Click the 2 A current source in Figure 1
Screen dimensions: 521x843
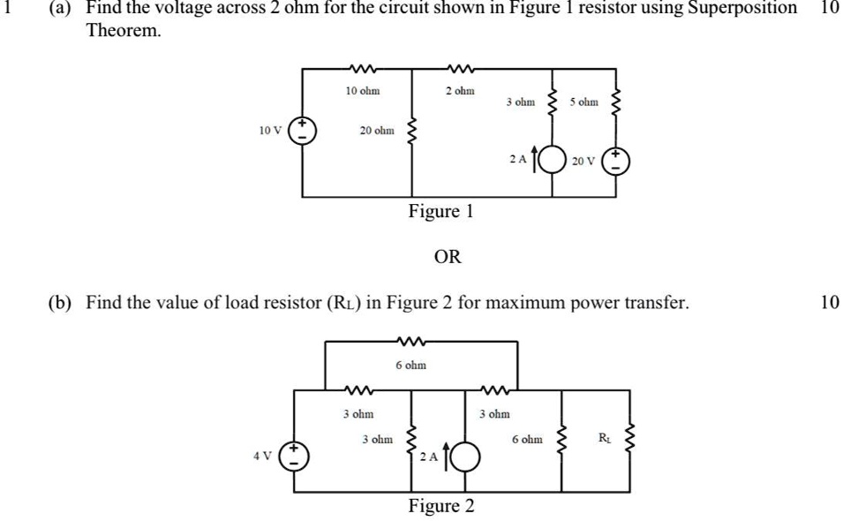553,161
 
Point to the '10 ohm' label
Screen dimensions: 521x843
363,91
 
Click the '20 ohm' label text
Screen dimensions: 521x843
377,131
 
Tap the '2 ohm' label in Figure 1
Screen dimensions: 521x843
460,91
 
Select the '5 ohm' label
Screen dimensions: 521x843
583,102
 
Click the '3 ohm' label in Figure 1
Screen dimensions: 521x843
520,102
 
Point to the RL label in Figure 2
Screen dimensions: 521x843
604,436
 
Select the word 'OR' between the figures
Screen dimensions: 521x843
448,257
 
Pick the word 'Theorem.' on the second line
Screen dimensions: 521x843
124,30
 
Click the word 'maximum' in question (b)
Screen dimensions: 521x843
502,303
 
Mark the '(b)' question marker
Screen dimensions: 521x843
61,303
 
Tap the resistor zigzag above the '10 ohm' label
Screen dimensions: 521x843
362,67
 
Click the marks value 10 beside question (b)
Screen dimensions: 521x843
829,303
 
